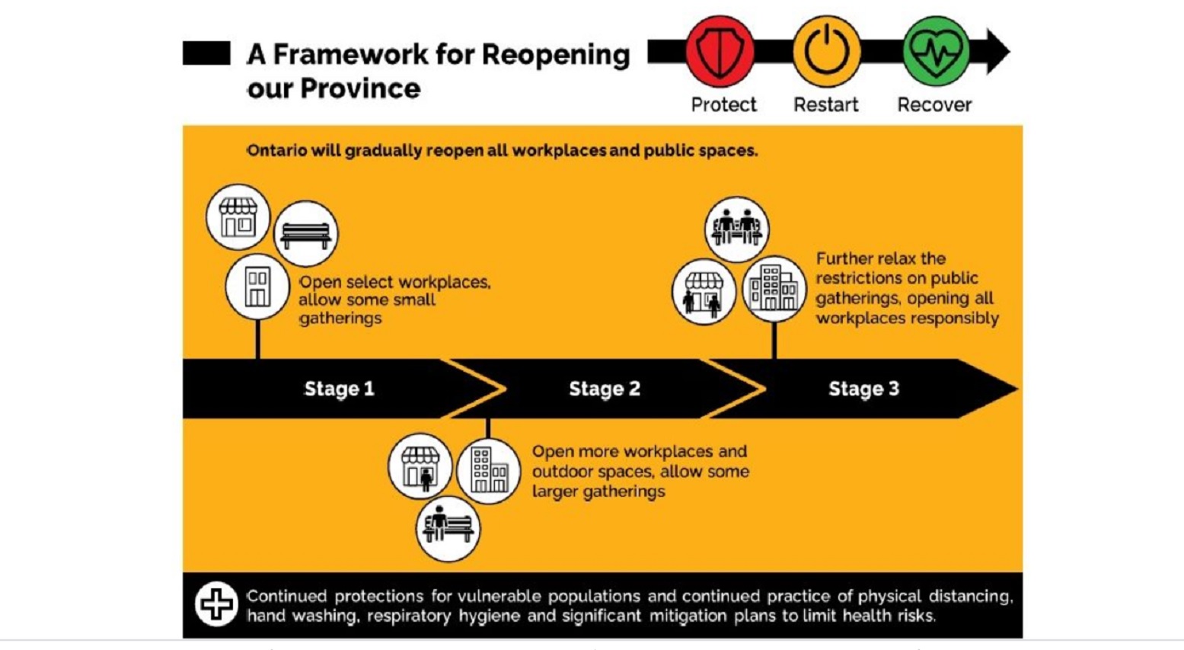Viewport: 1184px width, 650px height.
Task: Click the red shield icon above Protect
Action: pos(720,52)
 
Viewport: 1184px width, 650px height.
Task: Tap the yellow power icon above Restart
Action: pos(827,52)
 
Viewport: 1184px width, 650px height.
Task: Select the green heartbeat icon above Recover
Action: pos(936,52)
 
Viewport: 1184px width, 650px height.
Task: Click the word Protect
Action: pos(723,104)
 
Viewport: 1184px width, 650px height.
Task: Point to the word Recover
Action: pos(934,104)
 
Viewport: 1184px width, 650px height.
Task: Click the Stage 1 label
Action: pos(340,389)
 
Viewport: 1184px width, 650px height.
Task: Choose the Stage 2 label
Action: pos(605,389)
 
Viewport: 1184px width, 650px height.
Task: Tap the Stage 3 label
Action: pos(863,389)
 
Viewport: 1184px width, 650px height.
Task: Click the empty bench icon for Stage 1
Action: pos(306,234)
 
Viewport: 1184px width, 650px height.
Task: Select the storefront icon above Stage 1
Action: pos(238,217)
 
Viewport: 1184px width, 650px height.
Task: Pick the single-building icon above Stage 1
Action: pos(257,287)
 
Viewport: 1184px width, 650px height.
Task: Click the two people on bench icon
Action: pos(737,229)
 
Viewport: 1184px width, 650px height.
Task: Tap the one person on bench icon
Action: pos(448,528)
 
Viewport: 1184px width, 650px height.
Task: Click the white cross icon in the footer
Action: pos(216,604)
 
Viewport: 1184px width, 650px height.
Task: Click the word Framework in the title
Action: pos(350,54)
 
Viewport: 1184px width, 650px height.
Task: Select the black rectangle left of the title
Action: pos(206,53)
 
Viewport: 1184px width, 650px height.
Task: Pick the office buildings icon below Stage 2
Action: pos(488,471)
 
